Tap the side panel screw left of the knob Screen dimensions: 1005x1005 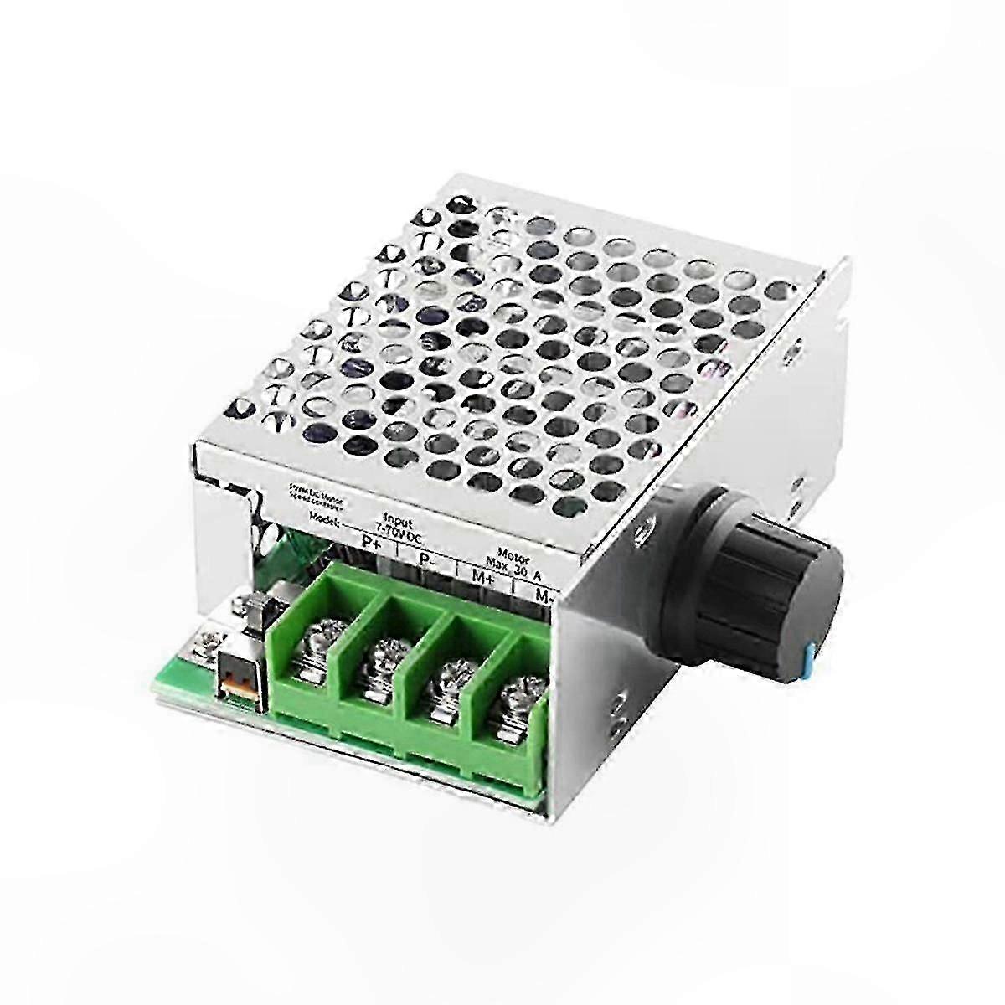pyautogui.click(x=641, y=531)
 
